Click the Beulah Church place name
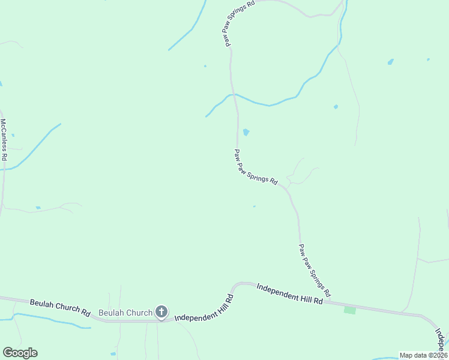[125, 313]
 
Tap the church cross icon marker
[161, 312]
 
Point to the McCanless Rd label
[4, 139]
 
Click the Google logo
[20, 353]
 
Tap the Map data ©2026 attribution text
[423, 355]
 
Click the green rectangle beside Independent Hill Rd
[349, 310]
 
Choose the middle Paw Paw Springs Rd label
[256, 167]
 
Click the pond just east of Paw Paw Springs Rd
[246, 132]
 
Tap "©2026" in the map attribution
[438, 355]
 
